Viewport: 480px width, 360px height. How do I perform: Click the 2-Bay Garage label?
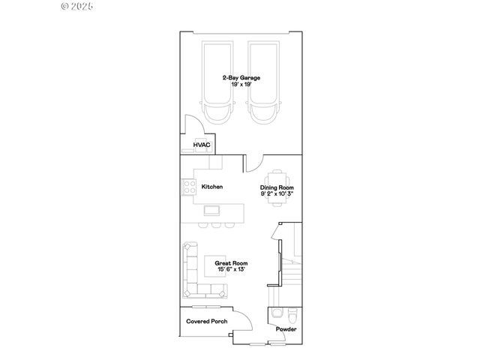[235, 77]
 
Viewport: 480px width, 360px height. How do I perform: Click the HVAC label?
[202, 145]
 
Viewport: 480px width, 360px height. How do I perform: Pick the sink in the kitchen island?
[212, 208]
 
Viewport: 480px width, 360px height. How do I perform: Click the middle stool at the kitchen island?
[214, 224]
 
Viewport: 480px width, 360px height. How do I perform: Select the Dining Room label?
[277, 187]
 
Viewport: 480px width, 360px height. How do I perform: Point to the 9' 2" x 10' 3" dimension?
[277, 194]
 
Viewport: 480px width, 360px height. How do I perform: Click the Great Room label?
[230, 263]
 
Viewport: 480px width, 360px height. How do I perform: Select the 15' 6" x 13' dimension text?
[230, 270]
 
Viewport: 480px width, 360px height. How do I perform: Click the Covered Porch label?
[207, 321]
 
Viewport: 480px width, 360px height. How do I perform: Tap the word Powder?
[286, 329]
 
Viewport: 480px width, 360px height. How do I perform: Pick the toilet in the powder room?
[292, 313]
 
